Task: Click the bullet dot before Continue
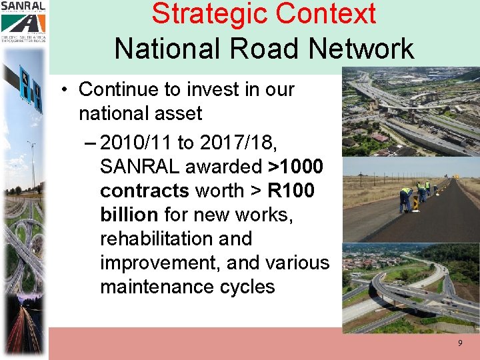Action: [68, 89]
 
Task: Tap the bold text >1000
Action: [295, 167]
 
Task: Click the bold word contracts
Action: [145, 191]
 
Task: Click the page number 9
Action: [459, 343]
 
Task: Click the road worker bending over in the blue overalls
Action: [406, 199]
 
